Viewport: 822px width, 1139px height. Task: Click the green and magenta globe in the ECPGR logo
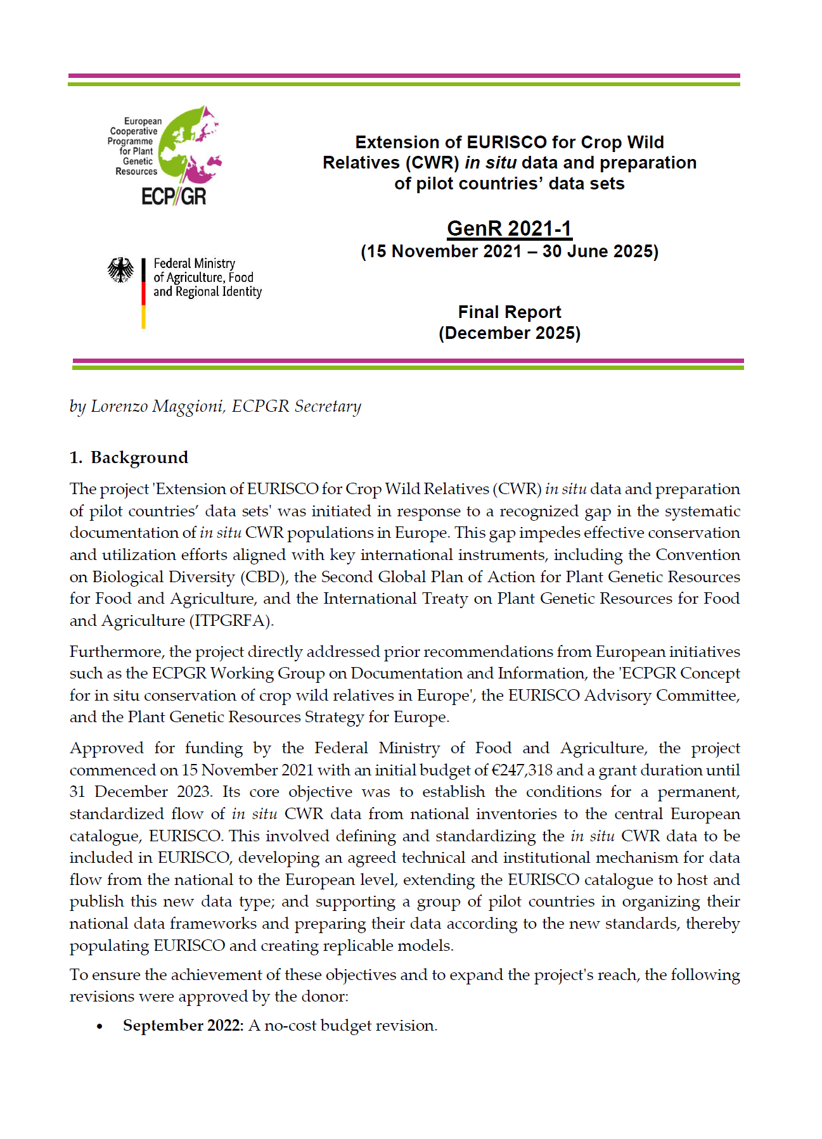pyautogui.click(x=189, y=145)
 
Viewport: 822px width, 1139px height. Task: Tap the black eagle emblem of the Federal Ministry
pyautogui.click(x=120, y=270)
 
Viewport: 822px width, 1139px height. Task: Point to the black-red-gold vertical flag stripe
pyautogui.click(x=144, y=293)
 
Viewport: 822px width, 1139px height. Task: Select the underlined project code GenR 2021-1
pyautogui.click(x=510, y=229)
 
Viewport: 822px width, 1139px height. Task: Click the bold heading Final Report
pyautogui.click(x=510, y=312)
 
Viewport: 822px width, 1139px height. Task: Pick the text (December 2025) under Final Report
pyautogui.click(x=510, y=333)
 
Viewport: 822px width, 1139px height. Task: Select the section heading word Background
pyautogui.click(x=139, y=457)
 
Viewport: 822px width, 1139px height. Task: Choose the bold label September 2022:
pyautogui.click(x=183, y=1026)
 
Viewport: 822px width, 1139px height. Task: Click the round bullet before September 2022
pyautogui.click(x=100, y=1026)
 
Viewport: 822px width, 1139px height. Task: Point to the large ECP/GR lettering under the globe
pyautogui.click(x=174, y=196)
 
